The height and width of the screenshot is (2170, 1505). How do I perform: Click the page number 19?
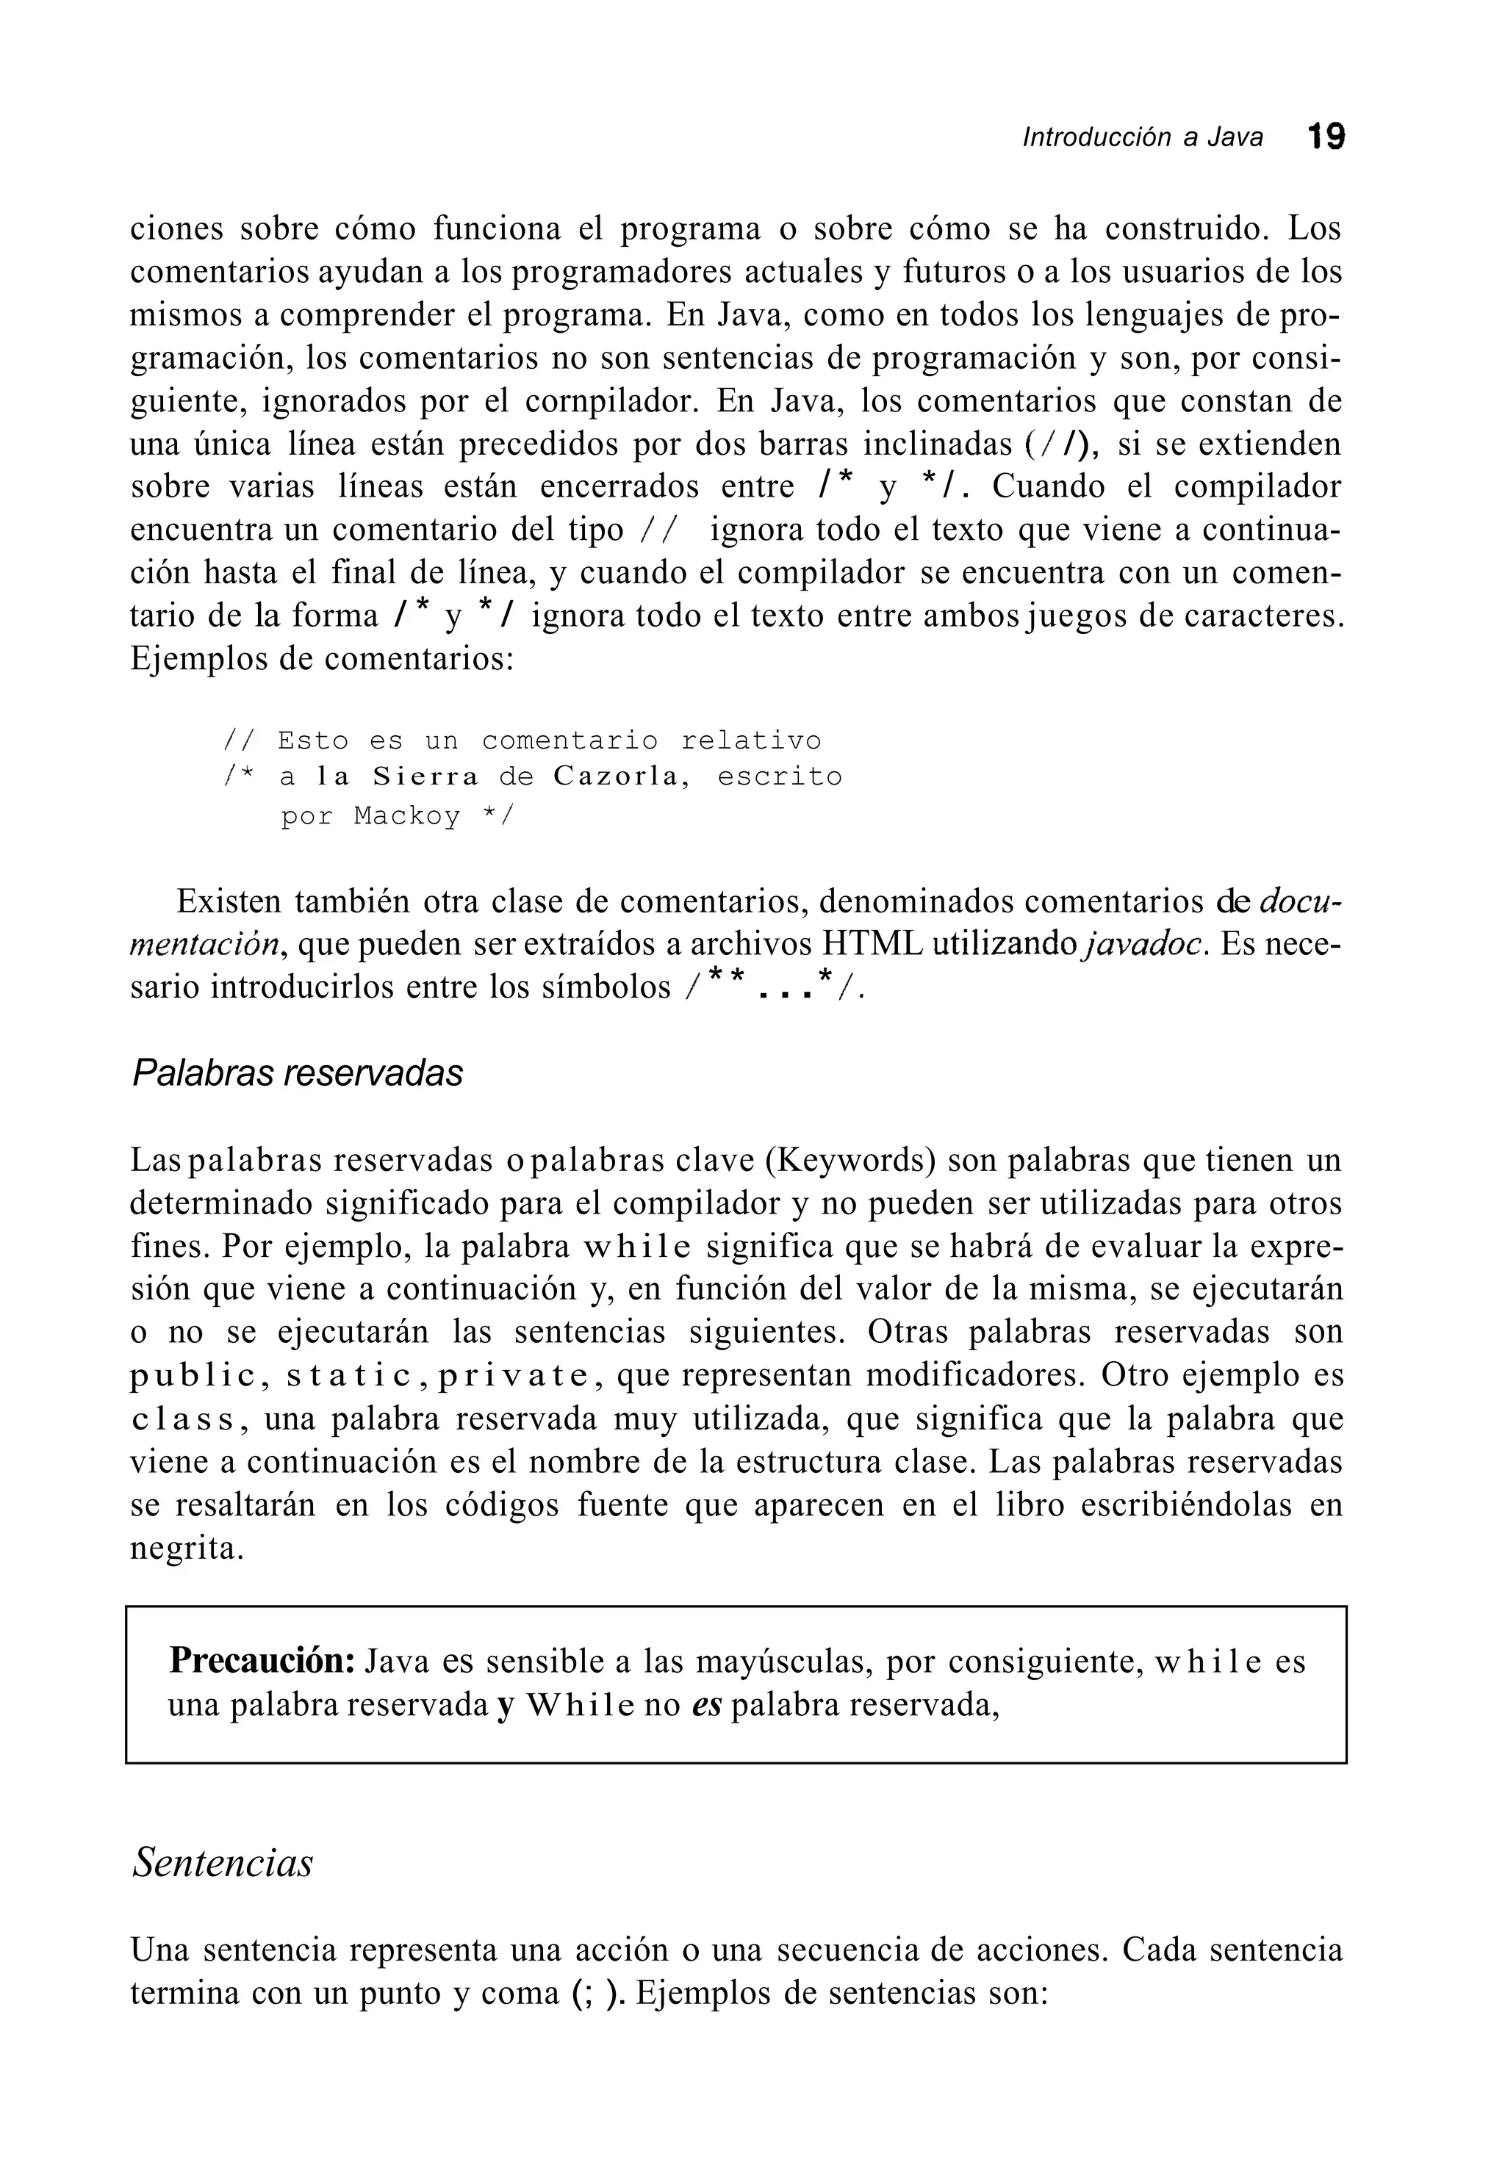click(1326, 137)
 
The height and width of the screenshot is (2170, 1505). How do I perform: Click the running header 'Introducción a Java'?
click(1142, 139)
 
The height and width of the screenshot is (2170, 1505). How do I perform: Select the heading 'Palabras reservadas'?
click(297, 1073)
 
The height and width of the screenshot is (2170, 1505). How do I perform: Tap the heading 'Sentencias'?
click(223, 1863)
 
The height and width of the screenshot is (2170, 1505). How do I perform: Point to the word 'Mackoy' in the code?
click(407, 815)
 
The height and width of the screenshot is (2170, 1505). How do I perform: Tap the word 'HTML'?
click(872, 945)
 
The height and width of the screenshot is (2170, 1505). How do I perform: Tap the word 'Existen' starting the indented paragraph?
click(229, 902)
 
